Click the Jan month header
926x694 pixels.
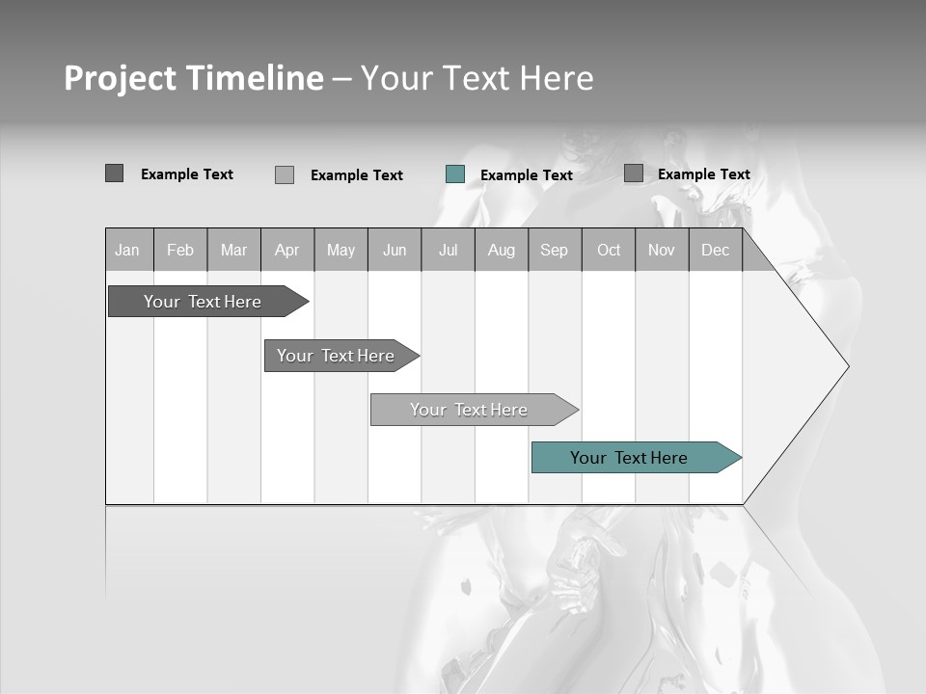click(128, 250)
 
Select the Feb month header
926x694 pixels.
click(180, 250)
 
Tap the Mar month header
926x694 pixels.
click(233, 250)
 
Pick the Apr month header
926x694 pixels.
click(287, 250)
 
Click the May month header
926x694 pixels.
click(340, 250)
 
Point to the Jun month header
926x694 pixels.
click(395, 250)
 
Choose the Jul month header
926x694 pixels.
click(448, 250)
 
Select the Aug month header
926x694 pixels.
click(502, 250)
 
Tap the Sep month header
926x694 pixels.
click(555, 250)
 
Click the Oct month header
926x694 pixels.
click(609, 250)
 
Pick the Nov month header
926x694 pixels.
click(662, 250)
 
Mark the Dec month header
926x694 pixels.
click(716, 250)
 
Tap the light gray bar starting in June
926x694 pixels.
click(470, 410)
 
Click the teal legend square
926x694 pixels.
click(455, 174)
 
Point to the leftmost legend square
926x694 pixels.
click(115, 173)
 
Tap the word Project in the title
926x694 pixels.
click(120, 78)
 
